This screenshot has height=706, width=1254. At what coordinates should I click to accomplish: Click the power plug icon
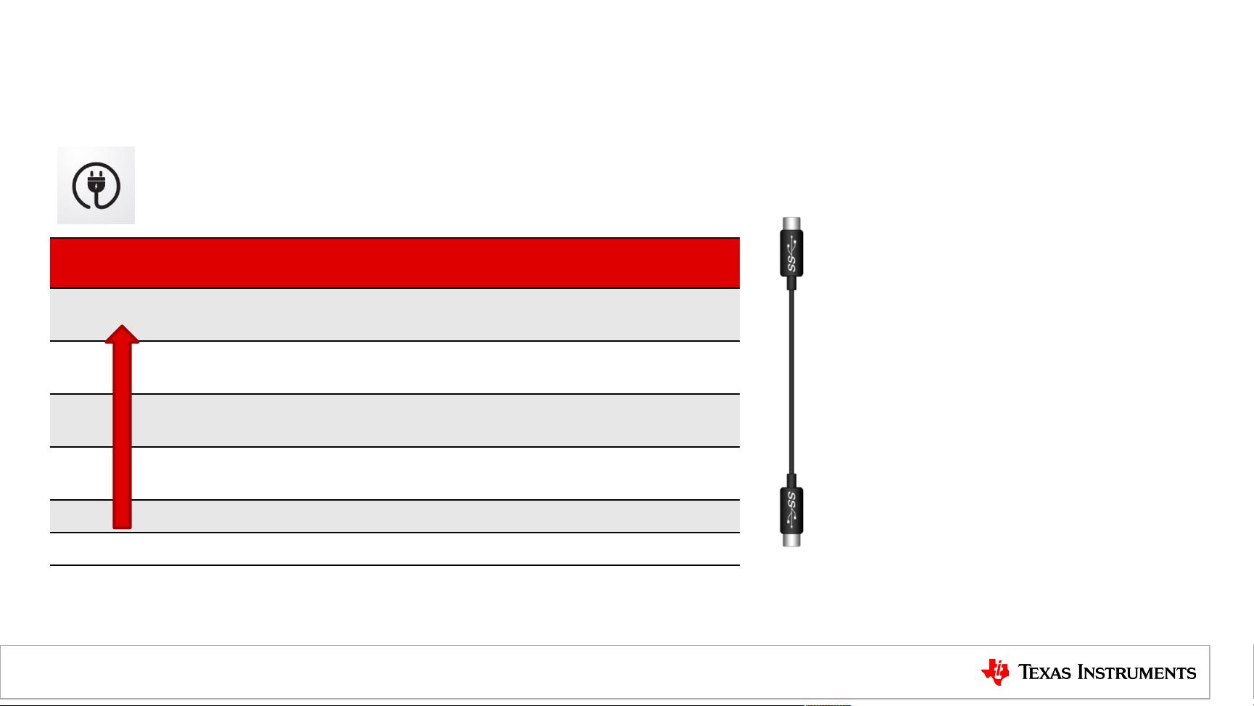[x=96, y=185]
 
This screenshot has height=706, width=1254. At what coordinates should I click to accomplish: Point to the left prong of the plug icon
[x=91, y=175]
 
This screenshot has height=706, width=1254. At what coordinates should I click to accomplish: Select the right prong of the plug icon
[x=101, y=175]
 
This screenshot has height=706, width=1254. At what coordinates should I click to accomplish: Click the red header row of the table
[x=395, y=263]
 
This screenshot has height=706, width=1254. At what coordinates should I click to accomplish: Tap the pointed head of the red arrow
[x=122, y=334]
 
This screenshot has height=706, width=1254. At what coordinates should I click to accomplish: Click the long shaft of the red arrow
[x=122, y=435]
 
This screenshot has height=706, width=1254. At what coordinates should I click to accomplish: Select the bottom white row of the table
[x=395, y=549]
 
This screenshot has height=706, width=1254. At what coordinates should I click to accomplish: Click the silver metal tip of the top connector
[x=791, y=223]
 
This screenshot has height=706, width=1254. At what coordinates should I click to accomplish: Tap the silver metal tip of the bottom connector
[x=791, y=540]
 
